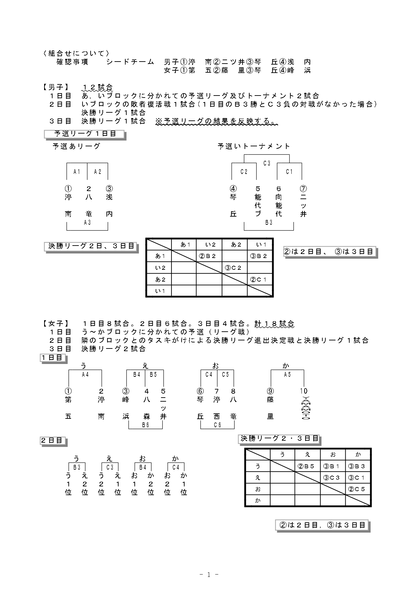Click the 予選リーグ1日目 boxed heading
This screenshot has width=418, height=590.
(85, 134)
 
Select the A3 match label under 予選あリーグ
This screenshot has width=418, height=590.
(87, 222)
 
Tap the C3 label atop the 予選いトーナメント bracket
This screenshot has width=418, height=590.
(266, 163)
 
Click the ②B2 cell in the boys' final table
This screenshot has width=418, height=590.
(209, 256)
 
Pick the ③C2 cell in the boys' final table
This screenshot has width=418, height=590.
(234, 268)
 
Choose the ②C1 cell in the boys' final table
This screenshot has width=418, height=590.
(260, 279)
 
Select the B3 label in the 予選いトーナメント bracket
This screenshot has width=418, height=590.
(268, 222)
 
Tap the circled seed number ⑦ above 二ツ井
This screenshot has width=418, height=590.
(303, 189)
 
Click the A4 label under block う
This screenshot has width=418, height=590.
(85, 374)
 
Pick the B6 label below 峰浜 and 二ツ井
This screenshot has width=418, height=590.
(146, 425)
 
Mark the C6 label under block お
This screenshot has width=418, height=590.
(217, 425)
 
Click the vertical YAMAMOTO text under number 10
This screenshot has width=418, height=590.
(304, 408)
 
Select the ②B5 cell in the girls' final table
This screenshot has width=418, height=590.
(307, 466)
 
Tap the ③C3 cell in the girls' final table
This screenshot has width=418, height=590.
(332, 478)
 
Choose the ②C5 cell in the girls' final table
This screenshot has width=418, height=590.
(358, 489)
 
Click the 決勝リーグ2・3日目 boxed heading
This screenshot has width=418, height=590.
(279, 438)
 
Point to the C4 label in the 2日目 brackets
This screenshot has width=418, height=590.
(176, 467)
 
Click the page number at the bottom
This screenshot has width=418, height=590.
(209, 575)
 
